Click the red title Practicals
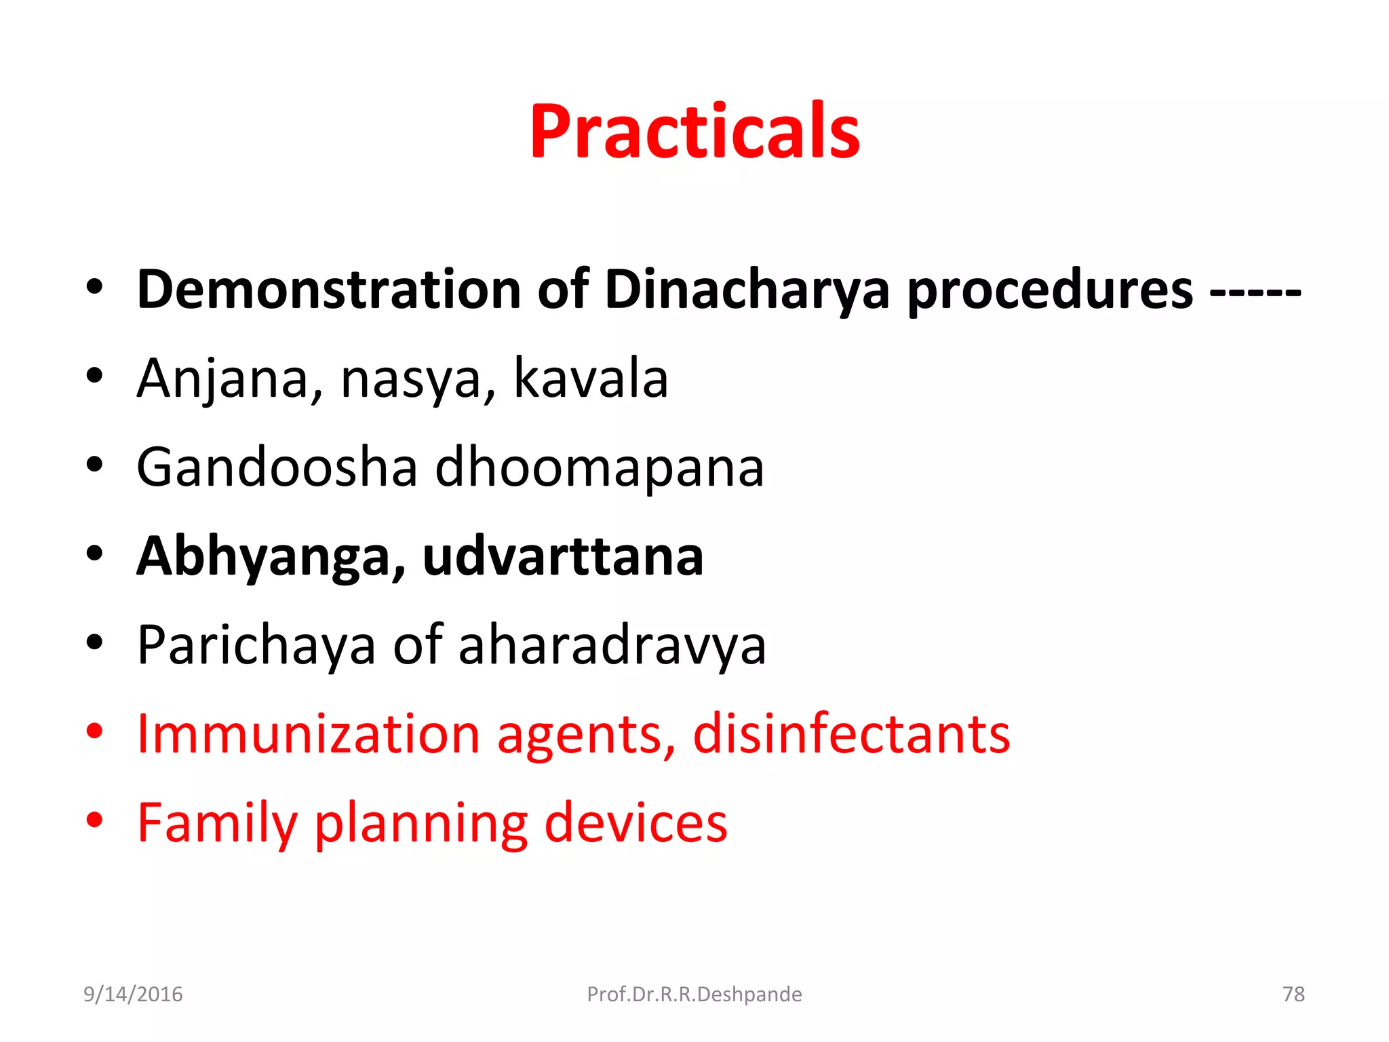coord(694,132)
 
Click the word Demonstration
coord(328,290)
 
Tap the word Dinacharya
coord(746,290)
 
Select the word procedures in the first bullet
coord(1049,290)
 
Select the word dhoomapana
coord(599,468)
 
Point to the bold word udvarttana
coord(562,556)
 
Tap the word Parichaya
coord(256,645)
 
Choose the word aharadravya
coord(612,645)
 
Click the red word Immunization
coord(309,734)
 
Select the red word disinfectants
coord(850,734)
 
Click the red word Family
coord(216,823)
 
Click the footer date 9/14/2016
coord(133,995)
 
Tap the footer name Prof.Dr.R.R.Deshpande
coord(694,995)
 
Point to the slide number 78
coord(1293,995)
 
